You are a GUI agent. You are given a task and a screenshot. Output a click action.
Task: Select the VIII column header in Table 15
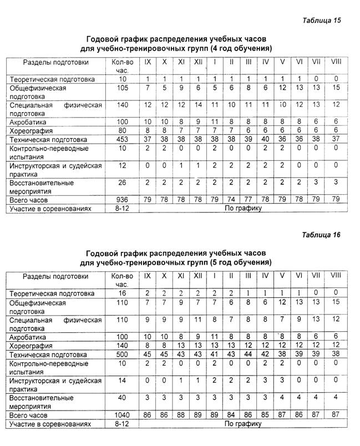pos(336,61)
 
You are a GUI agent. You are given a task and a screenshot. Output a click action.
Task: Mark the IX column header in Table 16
pos(146,275)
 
